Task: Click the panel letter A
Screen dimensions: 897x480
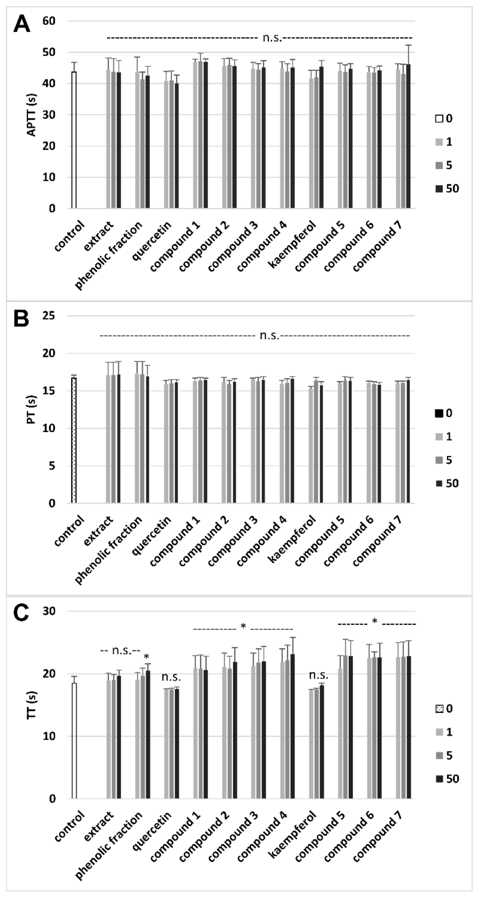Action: [22, 25]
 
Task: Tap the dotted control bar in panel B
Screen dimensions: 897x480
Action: [74, 441]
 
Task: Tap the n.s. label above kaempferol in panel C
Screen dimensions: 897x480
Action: [318, 676]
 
